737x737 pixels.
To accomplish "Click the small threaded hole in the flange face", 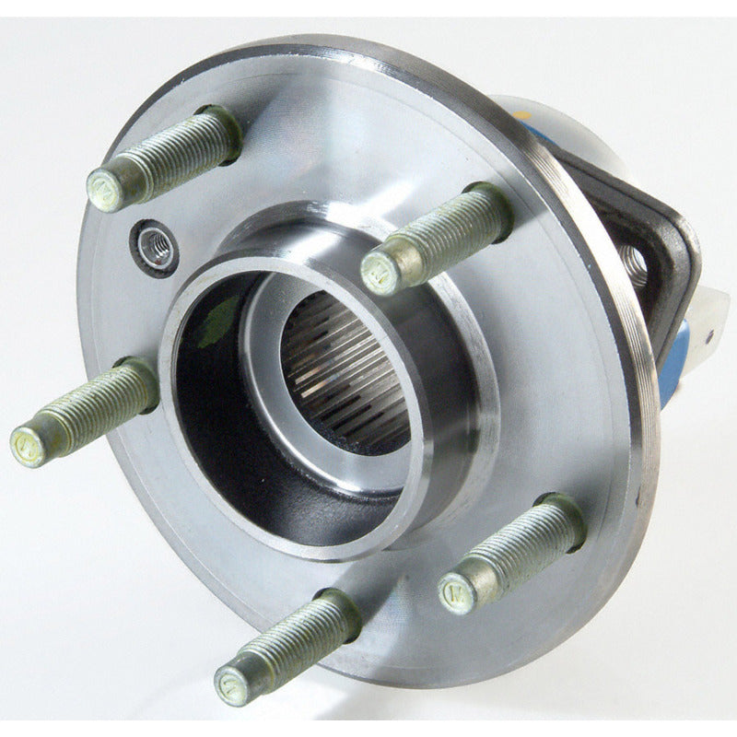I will click(155, 246).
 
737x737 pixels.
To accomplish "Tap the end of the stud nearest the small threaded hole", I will click(103, 191).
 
